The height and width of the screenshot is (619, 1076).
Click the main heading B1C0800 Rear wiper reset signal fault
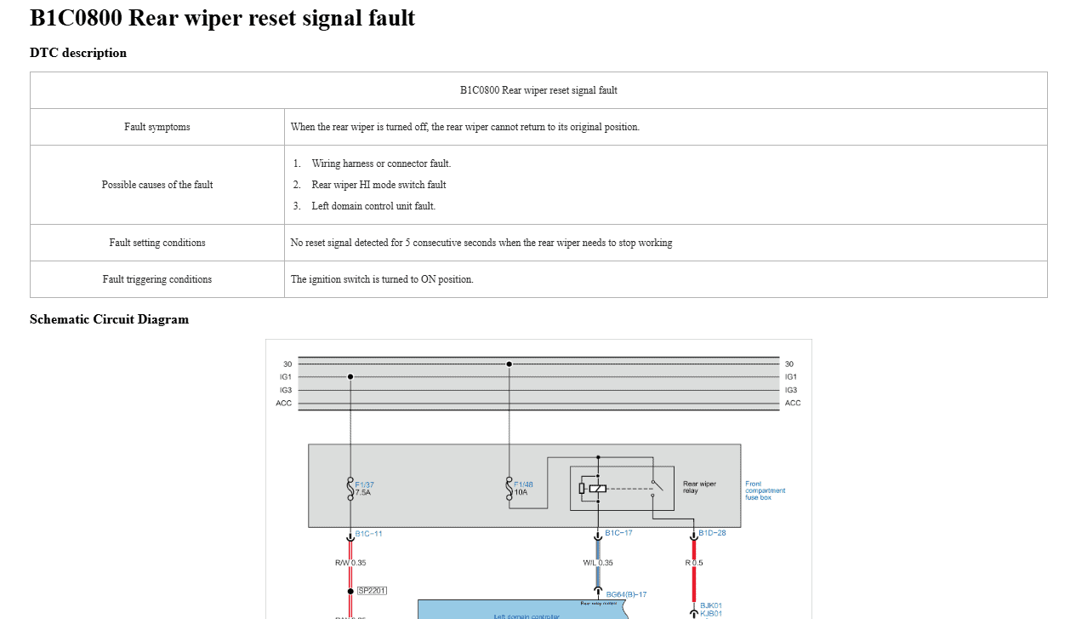pos(222,18)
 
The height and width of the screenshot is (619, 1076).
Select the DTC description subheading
pos(78,53)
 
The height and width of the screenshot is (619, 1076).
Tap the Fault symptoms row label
pos(157,127)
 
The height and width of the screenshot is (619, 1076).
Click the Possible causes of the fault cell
pos(157,185)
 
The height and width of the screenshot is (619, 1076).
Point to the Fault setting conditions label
pos(157,243)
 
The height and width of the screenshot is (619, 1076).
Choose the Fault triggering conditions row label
pos(157,279)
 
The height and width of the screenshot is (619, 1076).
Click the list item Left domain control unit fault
pos(373,206)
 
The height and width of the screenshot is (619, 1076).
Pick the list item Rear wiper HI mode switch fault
pos(379,185)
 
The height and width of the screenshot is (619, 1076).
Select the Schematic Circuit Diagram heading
pos(109,319)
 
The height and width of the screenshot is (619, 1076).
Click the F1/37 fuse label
pos(364,484)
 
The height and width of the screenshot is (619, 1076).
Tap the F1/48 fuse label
pos(523,484)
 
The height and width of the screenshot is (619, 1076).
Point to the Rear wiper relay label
pos(699,487)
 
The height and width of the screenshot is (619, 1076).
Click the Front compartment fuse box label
pos(765,490)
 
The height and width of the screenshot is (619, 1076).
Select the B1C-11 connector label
pos(368,534)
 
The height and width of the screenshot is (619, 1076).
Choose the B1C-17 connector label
pos(618,533)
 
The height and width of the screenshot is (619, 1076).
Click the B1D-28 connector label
pos(712,533)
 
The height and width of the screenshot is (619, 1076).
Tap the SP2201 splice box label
pos(372,590)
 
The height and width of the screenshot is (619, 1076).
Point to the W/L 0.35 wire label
pos(597,563)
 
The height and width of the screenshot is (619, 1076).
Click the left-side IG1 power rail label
pos(286,376)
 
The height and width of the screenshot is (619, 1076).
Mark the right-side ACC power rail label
pos(793,403)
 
